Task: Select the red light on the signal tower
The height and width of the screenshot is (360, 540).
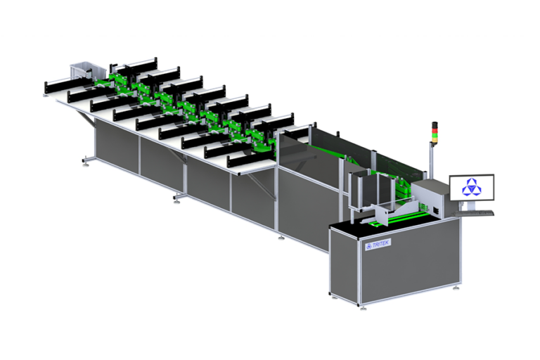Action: (x=435, y=126)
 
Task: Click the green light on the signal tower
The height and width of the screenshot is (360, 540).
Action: (x=435, y=135)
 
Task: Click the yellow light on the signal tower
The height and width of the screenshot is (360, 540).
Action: (x=435, y=131)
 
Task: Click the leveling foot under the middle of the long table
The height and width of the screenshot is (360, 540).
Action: (x=176, y=198)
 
